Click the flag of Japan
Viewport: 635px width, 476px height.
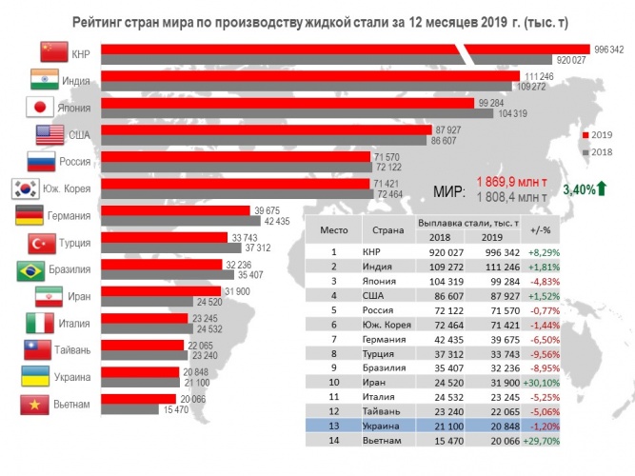point(40,108)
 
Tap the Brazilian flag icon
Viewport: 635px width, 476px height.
point(30,270)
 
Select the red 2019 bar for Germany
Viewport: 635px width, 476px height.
point(175,210)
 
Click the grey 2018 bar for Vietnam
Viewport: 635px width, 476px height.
point(129,409)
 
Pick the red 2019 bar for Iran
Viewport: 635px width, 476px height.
point(161,291)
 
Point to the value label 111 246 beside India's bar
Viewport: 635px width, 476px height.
point(539,76)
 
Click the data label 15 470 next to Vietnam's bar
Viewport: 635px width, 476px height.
point(176,409)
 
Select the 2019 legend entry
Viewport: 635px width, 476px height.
point(597,135)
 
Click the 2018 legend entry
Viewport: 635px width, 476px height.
point(597,152)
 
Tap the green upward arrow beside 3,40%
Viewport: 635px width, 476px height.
point(602,188)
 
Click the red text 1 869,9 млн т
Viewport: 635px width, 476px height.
point(511,182)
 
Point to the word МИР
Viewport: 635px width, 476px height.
point(449,191)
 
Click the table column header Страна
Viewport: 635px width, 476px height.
point(388,230)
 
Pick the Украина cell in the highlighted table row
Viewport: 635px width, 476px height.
point(381,426)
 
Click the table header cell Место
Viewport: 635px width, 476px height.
point(334,230)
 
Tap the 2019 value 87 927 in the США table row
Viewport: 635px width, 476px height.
point(505,296)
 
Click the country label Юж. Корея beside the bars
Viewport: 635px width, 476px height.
point(67,188)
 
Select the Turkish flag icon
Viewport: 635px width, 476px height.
point(42,244)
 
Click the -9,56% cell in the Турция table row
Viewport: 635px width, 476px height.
point(546,354)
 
